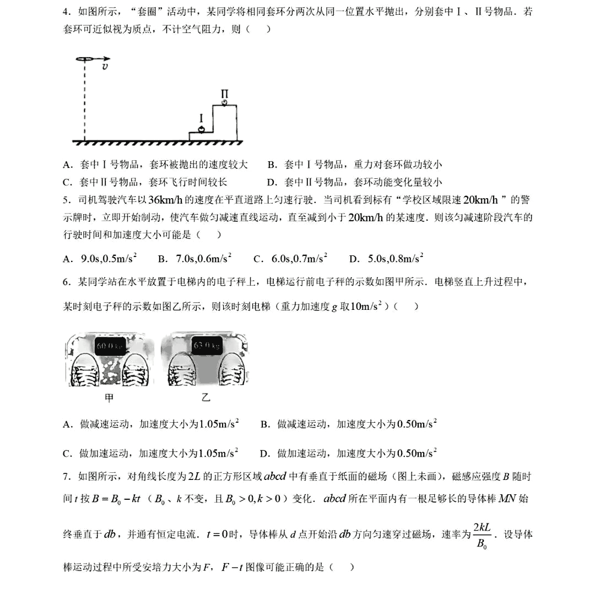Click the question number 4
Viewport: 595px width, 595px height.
(x=67, y=12)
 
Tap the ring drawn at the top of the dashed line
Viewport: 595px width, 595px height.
(x=85, y=58)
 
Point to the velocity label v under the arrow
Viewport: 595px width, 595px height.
(x=104, y=67)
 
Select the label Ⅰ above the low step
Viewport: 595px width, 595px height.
(x=202, y=118)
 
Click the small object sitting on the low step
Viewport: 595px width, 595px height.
(x=202, y=129)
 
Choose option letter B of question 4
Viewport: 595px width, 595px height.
(x=271, y=165)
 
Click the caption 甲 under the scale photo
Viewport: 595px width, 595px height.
(x=110, y=398)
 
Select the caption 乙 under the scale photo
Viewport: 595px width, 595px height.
(x=206, y=398)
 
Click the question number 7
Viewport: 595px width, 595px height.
(x=67, y=476)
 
